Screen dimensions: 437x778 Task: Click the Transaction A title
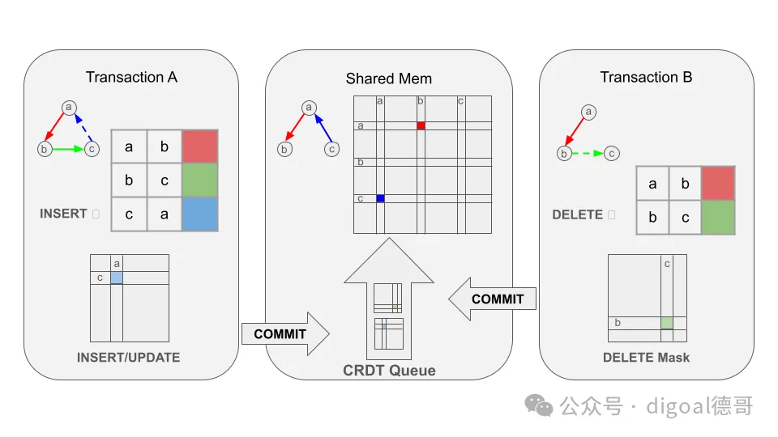(x=131, y=78)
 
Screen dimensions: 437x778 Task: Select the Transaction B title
(x=646, y=78)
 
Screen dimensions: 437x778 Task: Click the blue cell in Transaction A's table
(x=200, y=214)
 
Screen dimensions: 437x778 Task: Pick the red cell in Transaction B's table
(x=717, y=183)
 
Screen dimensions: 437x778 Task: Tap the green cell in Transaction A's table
(x=200, y=180)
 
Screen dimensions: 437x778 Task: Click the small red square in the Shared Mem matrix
(x=421, y=125)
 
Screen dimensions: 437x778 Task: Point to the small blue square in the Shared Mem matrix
(x=380, y=198)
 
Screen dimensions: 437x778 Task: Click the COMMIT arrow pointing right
(x=284, y=333)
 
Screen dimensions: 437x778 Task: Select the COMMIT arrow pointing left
(x=494, y=299)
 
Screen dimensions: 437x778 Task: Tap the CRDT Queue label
(x=389, y=371)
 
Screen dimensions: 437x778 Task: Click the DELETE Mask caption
(x=647, y=357)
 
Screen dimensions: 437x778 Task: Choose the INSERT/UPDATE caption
(x=129, y=357)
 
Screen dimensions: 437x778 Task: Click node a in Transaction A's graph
(x=69, y=107)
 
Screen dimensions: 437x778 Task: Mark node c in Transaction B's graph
(x=613, y=153)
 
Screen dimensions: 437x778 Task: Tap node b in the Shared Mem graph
(x=284, y=149)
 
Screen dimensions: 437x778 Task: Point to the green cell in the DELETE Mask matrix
(x=667, y=323)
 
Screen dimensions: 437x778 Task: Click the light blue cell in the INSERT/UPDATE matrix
(x=117, y=278)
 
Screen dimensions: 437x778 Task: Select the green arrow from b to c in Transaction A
(x=68, y=149)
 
